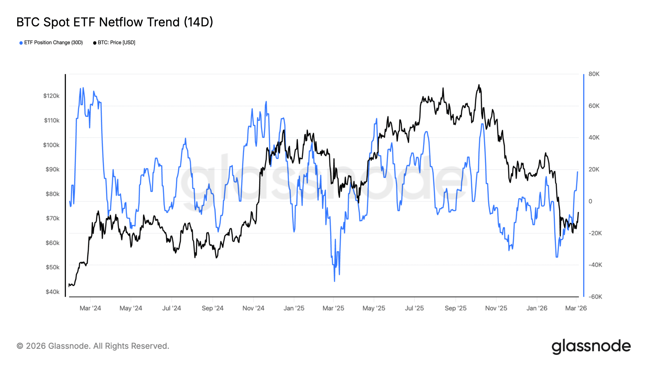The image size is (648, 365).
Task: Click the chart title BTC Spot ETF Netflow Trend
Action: [114, 22]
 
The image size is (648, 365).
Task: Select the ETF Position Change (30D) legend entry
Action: [51, 43]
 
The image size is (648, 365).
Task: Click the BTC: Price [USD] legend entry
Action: [114, 43]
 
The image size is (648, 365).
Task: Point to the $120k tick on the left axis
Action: [51, 96]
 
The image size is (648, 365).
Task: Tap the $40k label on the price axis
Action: [52, 292]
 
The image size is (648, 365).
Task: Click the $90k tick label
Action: [52, 169]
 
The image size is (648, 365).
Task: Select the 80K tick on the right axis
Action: [594, 74]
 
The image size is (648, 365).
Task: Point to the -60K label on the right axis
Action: [595, 297]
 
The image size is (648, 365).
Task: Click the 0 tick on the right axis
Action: [590, 201]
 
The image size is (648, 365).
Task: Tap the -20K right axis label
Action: [595, 233]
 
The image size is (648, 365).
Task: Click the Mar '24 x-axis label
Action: [90, 308]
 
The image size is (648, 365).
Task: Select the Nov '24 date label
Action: [253, 308]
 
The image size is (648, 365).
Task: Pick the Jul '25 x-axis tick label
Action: [414, 308]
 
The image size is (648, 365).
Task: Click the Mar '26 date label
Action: [576, 308]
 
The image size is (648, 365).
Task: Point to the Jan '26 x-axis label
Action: [537, 308]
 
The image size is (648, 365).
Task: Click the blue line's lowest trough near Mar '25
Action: [334, 281]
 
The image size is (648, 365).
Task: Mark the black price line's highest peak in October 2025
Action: [479, 85]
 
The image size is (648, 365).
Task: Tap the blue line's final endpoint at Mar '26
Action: [578, 172]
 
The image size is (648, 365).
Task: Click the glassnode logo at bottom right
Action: [591, 346]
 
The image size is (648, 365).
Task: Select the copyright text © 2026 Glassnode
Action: [93, 346]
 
